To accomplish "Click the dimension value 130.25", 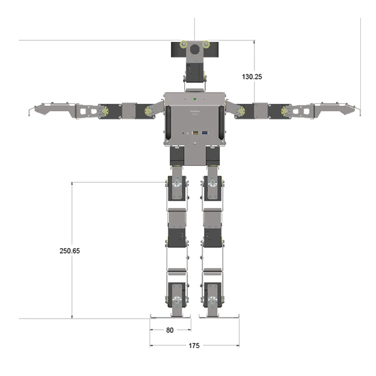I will click(252, 77).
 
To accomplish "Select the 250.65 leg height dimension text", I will click(70, 251).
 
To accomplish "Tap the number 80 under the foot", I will click(170, 330).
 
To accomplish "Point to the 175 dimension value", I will click(194, 346).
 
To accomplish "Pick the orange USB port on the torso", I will click(196, 132).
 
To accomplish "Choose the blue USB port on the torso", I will click(205, 132).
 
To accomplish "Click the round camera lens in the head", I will click(194, 49).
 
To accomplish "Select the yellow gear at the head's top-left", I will click(184, 45).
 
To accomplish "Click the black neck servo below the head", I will click(194, 70).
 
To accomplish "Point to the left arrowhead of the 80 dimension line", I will click(151, 330).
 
